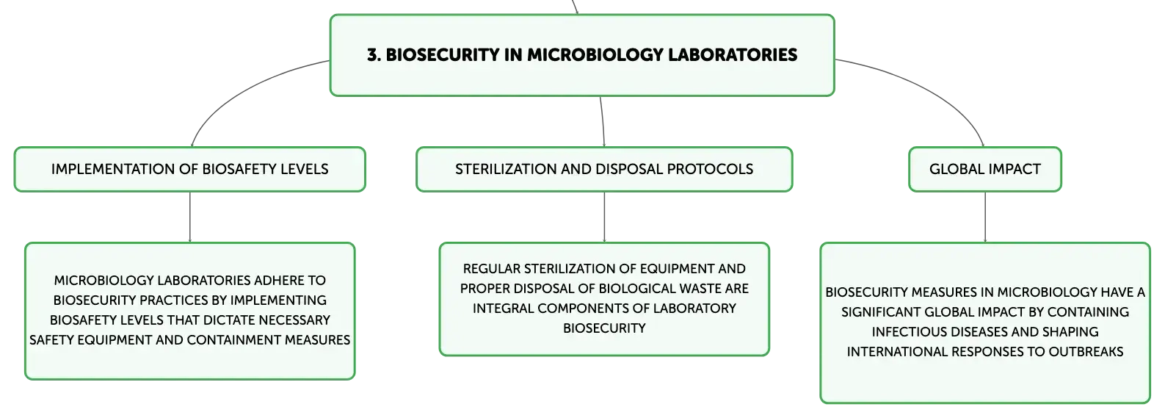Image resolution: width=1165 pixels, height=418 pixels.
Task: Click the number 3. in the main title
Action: [374, 55]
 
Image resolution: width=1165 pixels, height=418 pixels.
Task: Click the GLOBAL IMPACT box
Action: [985, 169]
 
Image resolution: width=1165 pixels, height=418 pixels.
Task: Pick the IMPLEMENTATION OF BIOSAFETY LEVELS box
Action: [190, 169]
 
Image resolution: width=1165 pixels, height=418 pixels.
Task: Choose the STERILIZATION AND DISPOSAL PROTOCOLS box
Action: [604, 169]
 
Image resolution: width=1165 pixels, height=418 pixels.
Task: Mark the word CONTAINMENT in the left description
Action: [234, 340]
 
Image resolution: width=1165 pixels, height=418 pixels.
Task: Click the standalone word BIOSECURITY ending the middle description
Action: [604, 328]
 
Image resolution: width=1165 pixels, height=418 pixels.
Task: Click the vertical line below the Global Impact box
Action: [985, 217]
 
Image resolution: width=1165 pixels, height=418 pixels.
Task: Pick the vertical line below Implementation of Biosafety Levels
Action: [190, 217]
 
